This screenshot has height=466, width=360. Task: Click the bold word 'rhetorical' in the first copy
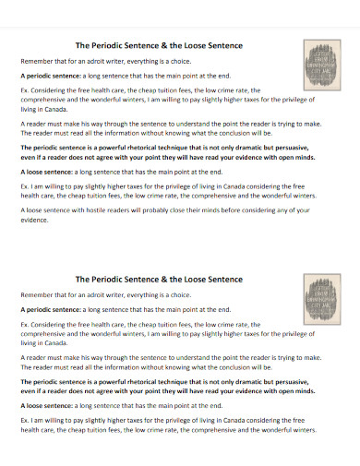pyautogui.click(x=172, y=147)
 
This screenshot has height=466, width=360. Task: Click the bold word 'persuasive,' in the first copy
pyautogui.click(x=302, y=147)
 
